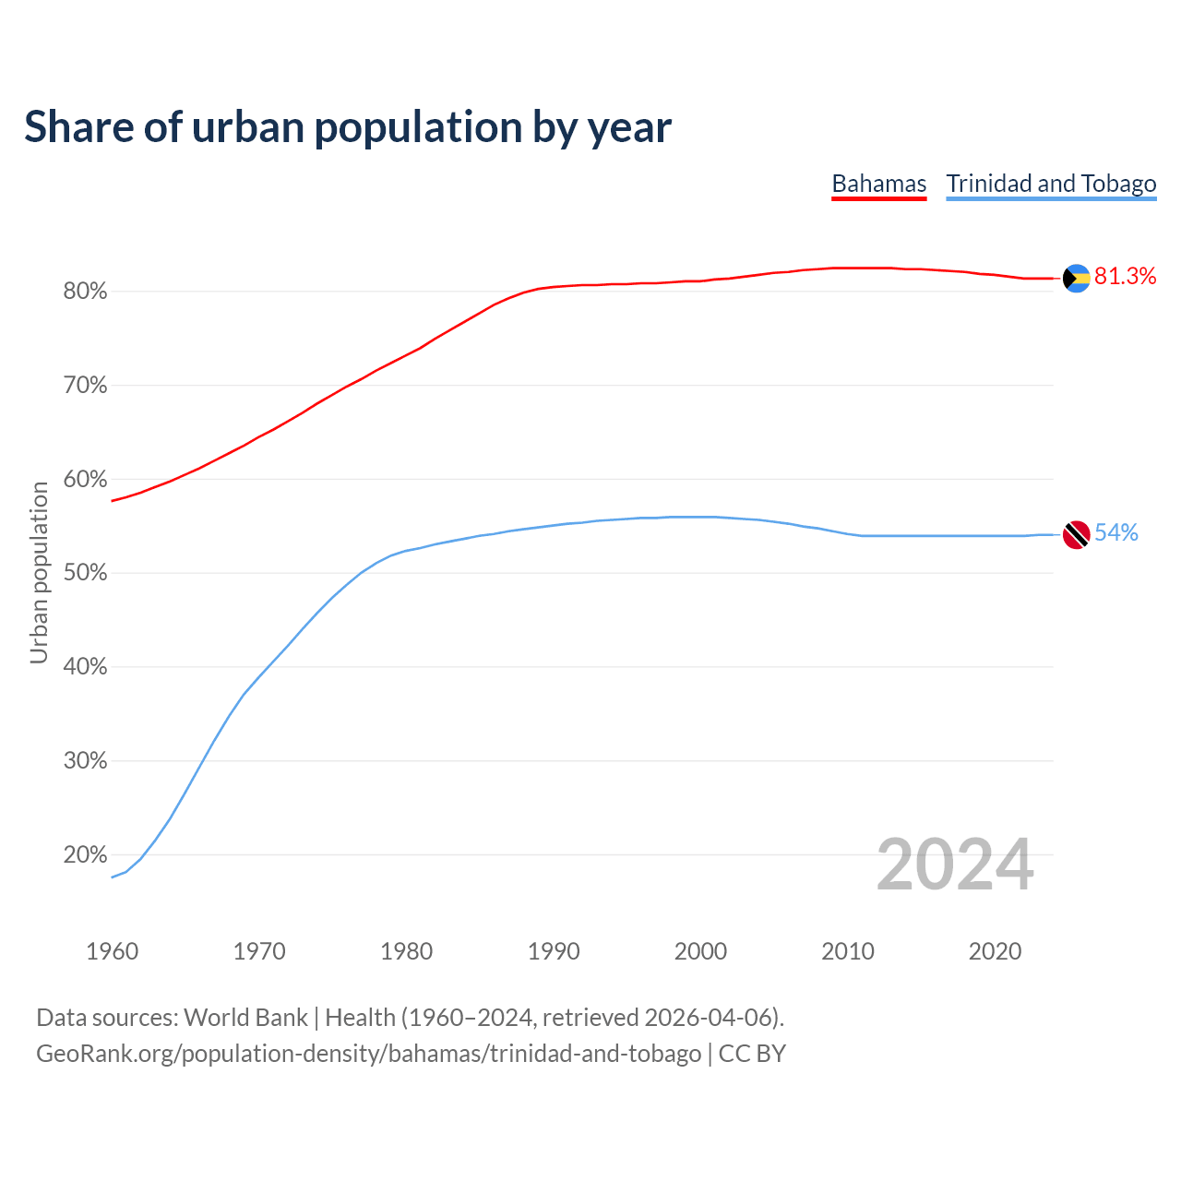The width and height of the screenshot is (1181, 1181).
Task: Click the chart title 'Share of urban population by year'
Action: [x=348, y=127]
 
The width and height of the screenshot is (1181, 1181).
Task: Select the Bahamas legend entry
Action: [x=878, y=184]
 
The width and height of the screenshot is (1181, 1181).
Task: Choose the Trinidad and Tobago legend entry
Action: [x=1051, y=184]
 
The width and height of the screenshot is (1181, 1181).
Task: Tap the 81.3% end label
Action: [x=1125, y=276]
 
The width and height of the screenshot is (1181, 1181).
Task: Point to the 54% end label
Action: [x=1115, y=532]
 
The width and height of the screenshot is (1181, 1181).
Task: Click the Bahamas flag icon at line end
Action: [x=1077, y=278]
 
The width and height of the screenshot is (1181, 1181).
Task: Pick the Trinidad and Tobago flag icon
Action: [x=1077, y=534]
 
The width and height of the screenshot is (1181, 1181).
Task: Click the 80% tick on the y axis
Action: [x=85, y=292]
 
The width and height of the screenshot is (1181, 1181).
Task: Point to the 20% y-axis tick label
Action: [x=85, y=854]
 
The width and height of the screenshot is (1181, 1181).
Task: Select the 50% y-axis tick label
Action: [x=85, y=573]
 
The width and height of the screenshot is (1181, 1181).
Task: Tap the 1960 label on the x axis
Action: [x=113, y=951]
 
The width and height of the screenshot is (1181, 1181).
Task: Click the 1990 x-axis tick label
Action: [x=554, y=951]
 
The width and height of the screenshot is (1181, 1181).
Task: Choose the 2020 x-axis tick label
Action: [x=995, y=951]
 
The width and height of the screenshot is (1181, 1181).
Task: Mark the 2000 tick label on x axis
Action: [x=700, y=951]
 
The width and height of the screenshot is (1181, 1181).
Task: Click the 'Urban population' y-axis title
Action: [x=39, y=572]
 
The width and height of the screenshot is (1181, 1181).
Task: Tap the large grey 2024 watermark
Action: [x=954, y=865]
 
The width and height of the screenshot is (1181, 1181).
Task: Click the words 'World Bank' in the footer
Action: [x=245, y=1018]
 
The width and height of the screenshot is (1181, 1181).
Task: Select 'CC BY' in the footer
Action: [x=752, y=1054]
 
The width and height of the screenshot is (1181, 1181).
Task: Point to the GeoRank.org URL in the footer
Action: [x=368, y=1054]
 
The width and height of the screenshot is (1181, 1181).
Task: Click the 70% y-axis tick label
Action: [x=85, y=386]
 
